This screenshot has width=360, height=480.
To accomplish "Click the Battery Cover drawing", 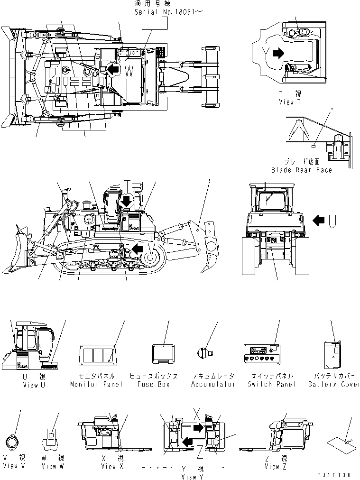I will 332,356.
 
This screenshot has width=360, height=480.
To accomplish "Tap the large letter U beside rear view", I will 333,220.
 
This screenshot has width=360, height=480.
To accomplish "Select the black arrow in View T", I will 278,54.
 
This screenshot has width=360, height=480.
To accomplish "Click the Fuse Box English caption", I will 153,384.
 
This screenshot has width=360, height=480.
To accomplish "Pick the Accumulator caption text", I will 213,384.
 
